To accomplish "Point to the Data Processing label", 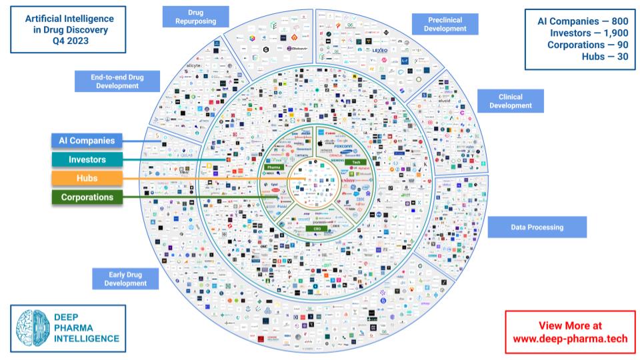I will [x=537, y=227].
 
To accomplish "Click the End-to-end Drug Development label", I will [x=117, y=81].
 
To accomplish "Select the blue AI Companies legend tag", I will [x=87, y=141].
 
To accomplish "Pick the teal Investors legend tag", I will [x=87, y=160].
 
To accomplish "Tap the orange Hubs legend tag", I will [x=87, y=179].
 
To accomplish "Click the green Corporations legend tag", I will [x=87, y=197].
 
